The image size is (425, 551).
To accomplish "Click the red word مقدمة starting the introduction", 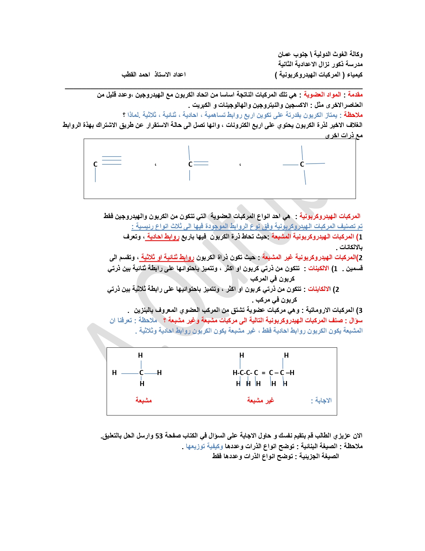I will [355, 95].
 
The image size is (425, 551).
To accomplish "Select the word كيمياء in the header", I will [354, 74].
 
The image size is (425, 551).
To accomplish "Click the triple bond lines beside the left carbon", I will [112, 160].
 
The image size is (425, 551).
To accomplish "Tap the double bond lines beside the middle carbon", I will [201, 164].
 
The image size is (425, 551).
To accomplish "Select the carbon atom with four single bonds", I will [302, 164].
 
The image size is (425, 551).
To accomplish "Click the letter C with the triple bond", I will [95, 164].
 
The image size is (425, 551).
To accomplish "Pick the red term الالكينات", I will [318, 268].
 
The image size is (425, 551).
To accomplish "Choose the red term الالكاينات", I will [319, 289].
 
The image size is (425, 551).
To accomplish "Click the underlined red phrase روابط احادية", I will [163, 237].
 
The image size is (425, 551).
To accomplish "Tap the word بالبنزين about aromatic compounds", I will [145, 310].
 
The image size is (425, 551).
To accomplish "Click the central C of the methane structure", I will [141, 373].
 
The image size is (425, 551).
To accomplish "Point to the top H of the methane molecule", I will [140, 355].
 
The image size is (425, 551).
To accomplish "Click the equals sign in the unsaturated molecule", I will [263, 373].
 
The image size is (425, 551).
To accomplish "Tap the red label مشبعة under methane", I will [143, 400].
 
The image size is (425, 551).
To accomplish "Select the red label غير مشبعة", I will [260, 400].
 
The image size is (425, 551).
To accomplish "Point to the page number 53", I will [159, 436].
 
